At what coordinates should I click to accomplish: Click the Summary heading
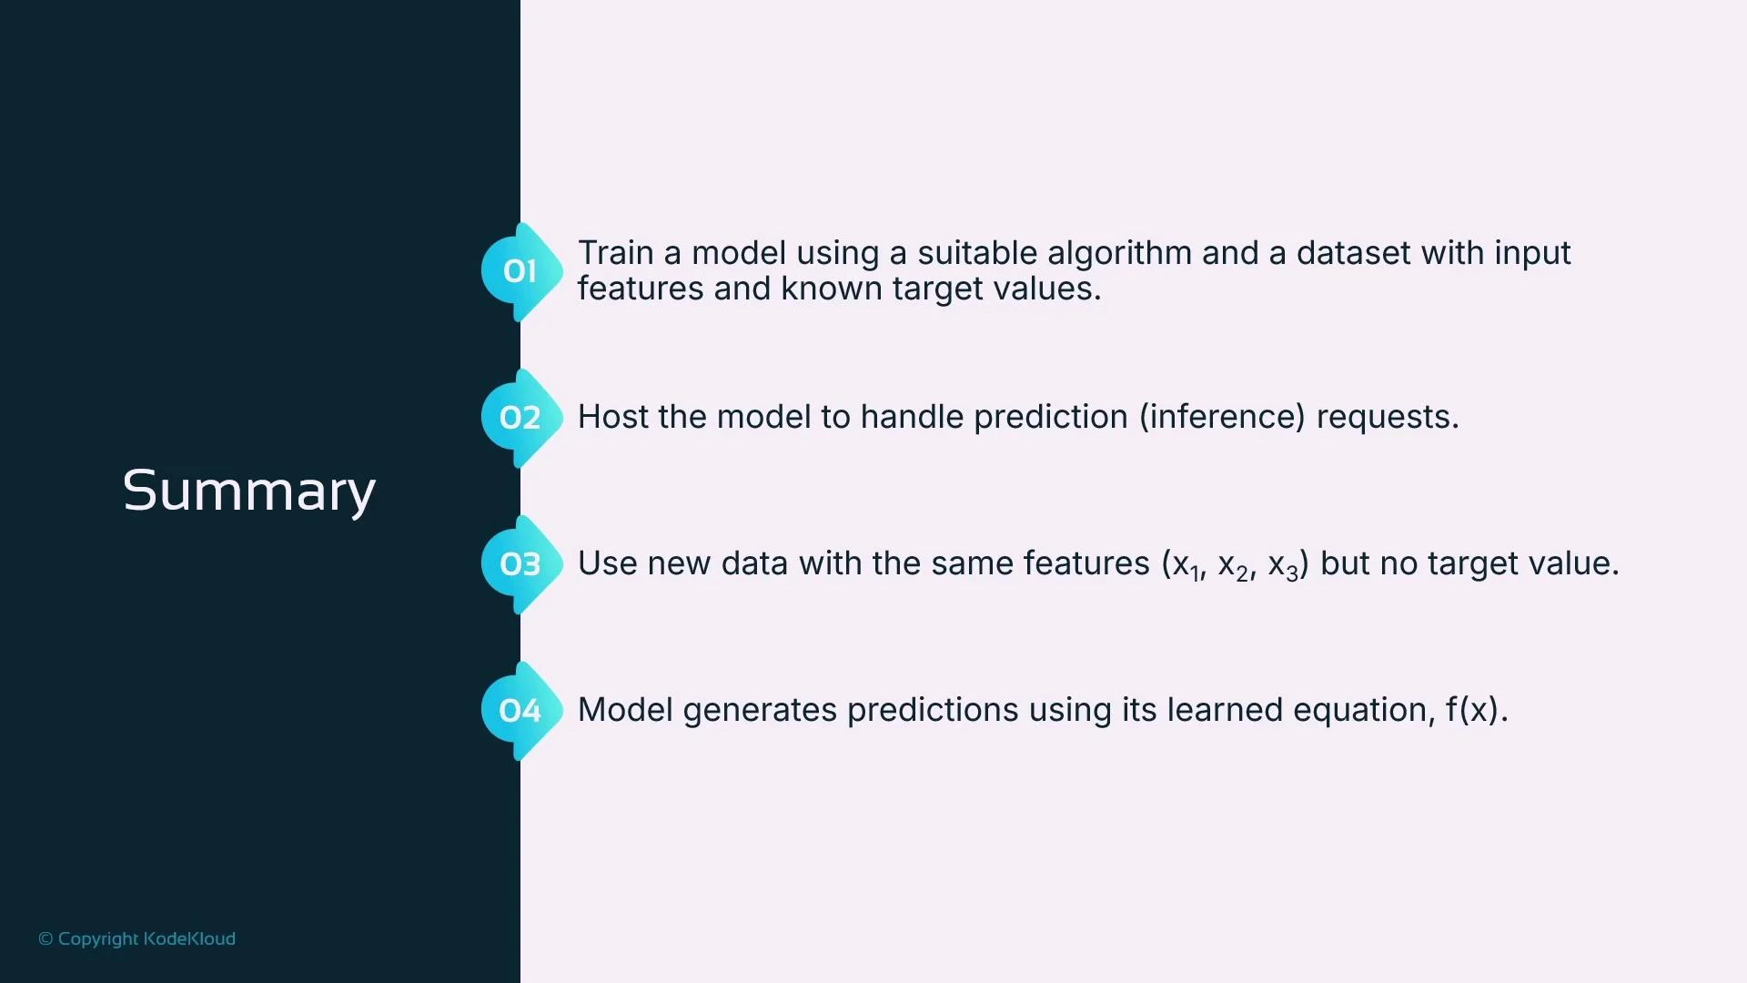pyautogui.click(x=248, y=491)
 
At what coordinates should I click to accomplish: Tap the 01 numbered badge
pyautogui.click(x=520, y=271)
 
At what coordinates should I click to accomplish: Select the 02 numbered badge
pyautogui.click(x=520, y=418)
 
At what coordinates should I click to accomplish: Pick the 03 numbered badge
pyautogui.click(x=520, y=564)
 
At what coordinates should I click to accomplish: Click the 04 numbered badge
pyautogui.click(x=520, y=711)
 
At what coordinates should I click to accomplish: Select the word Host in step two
pyautogui.click(x=612, y=417)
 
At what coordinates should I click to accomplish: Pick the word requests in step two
pyautogui.click(x=1387, y=417)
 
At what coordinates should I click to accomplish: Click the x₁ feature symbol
pyautogui.click(x=1186, y=565)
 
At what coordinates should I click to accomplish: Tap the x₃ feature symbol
pyautogui.click(x=1282, y=565)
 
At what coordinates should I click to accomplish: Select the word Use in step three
pyautogui.click(x=607, y=563)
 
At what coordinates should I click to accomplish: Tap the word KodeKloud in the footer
pyautogui.click(x=189, y=938)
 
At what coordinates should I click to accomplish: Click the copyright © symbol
pyautogui.click(x=45, y=938)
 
